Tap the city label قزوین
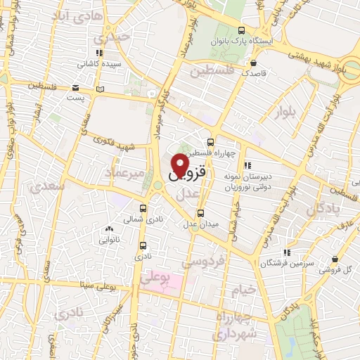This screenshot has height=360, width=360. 190,171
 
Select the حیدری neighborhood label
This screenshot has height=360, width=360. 114,37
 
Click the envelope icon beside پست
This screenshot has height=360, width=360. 75,88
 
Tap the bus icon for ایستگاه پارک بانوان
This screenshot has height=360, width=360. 242,31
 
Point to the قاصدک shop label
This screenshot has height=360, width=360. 253,72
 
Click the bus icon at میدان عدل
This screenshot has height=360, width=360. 201,213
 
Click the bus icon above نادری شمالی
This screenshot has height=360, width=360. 143,208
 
